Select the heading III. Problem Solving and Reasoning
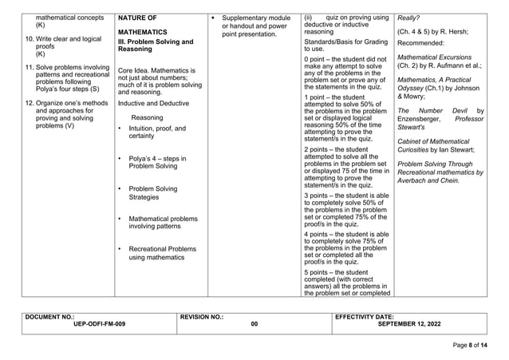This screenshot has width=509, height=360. coord(156,44)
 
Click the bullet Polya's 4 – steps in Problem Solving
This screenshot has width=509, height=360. coord(152,164)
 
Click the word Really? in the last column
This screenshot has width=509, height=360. coord(408,17)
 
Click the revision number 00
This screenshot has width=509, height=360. coord(254,324)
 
